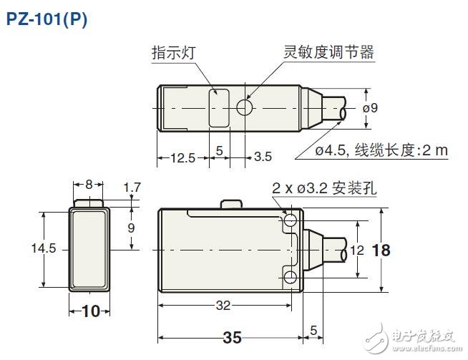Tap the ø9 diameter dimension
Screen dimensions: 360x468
391,108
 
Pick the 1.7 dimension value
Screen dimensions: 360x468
132,188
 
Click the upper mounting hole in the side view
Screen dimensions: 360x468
290,222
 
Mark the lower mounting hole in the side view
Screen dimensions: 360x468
290,276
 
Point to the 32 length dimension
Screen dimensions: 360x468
223,305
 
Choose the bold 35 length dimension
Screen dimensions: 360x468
230,336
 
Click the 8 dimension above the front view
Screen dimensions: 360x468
89,184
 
